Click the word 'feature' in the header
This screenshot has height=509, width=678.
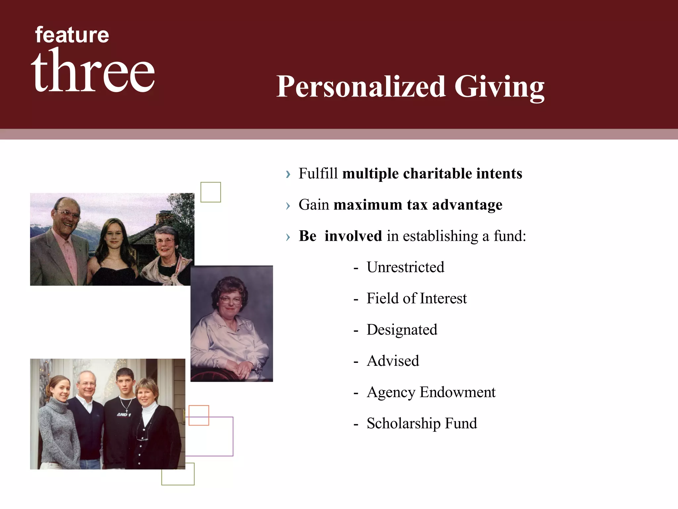coord(72,35)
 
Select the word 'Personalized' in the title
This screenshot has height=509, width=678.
coord(361,87)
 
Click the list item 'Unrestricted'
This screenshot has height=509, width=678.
coord(405,267)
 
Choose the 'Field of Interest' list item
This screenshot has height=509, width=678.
coord(416,298)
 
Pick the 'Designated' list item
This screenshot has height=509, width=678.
coord(402,330)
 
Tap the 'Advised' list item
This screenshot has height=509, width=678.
coord(393,361)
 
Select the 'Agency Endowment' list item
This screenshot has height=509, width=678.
coord(431,392)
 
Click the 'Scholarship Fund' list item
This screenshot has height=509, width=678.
coord(422,424)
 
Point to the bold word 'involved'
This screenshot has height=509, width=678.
coord(353,236)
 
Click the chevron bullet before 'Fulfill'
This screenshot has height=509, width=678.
coord(288,174)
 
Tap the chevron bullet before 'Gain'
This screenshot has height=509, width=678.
coord(288,206)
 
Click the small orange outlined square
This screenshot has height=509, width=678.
coord(199,415)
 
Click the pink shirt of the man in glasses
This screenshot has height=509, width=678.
coord(70,258)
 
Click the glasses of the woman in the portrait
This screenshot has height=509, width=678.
coord(230,300)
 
